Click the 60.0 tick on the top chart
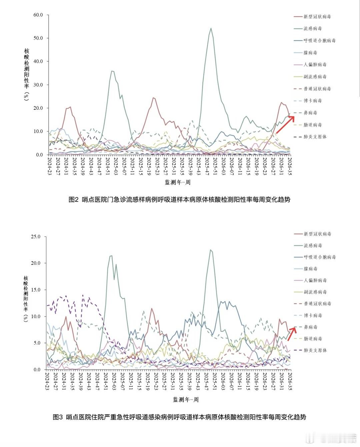coord(38,15)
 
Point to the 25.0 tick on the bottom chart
coord(36,237)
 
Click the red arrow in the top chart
coord(285,125)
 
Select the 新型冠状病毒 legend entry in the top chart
coord(312,17)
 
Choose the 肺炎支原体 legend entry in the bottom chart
coord(311,350)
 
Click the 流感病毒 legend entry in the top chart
coord(308,28)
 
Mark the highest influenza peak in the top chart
coord(211,28)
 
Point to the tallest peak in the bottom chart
coord(211,250)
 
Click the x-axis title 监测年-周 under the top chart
coord(178,182)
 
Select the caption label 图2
coord(73,199)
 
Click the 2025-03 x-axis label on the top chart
coord(116,166)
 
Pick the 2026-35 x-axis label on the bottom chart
coord(290,381)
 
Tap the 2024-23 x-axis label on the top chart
coord(49,166)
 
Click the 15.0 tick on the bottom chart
coord(36,290)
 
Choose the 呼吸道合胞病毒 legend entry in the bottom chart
coord(315,257)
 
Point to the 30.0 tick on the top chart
coord(38,85)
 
